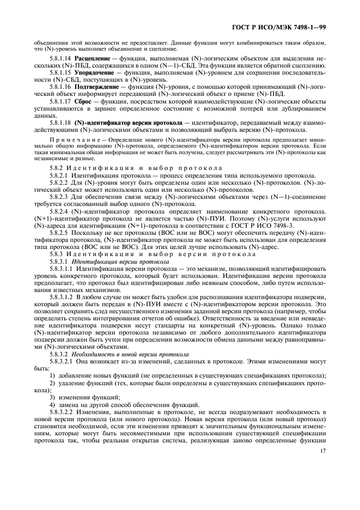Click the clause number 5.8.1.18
point(60,123)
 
